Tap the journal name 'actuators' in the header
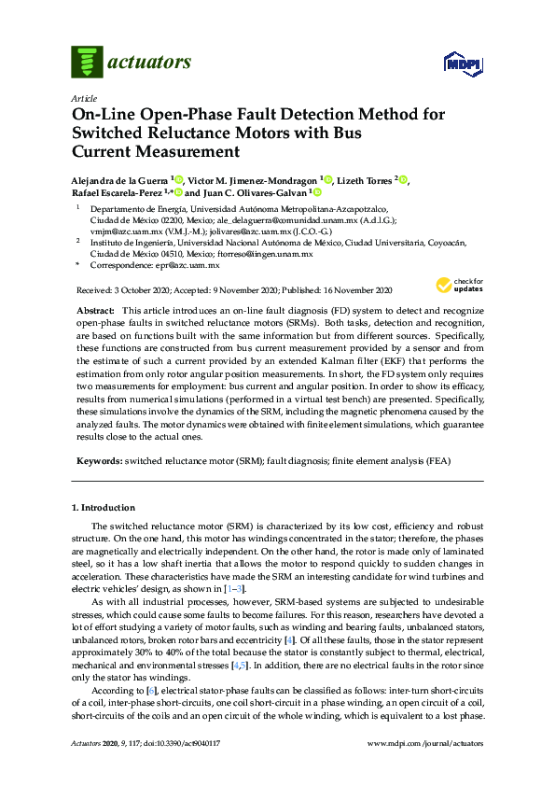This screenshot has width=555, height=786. [x=150, y=63]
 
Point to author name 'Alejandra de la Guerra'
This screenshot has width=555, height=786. [x=118, y=179]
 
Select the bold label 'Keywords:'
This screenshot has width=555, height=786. [x=98, y=462]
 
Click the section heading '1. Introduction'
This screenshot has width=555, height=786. [x=104, y=508]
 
